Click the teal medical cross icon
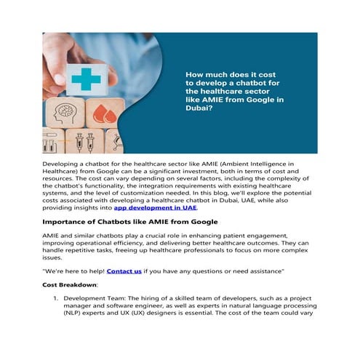coord(85,79)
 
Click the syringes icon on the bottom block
coord(81,142)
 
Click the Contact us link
coord(124,271)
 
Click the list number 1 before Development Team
coord(56,298)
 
